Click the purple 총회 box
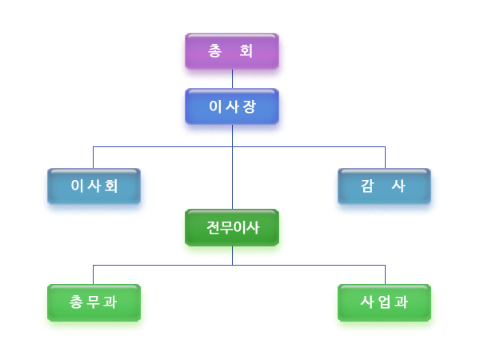[x=232, y=51]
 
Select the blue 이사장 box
[x=232, y=106]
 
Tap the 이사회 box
[x=94, y=186]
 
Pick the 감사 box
[x=385, y=186]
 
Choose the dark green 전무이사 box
[x=232, y=228]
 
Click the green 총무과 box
[x=94, y=302]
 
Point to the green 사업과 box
[x=385, y=302]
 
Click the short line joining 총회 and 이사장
[x=232, y=78]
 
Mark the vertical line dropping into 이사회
[x=94, y=157]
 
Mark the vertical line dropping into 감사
[x=385, y=157]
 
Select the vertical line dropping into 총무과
[x=94, y=274]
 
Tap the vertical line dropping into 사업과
[x=385, y=274]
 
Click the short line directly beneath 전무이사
[x=232, y=254]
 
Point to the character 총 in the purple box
[x=215, y=51]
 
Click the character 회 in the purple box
[x=247, y=51]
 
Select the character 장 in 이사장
[x=250, y=106]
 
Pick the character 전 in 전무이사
[x=213, y=228]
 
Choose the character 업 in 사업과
[x=385, y=302]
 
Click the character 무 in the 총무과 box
[x=94, y=302]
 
